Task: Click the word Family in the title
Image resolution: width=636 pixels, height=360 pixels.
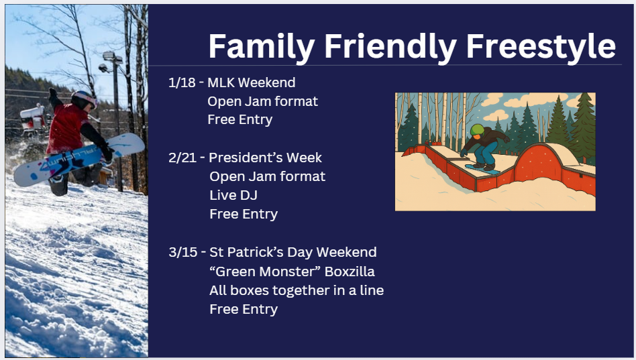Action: tap(262, 46)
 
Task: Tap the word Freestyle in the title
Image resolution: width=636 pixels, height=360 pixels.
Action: tap(541, 46)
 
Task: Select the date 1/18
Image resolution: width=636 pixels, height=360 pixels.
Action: tap(182, 82)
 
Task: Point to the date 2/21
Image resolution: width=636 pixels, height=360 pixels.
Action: tap(182, 158)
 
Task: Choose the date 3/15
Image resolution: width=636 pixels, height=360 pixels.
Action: tap(183, 252)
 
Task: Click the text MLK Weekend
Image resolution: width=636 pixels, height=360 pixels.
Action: tap(252, 82)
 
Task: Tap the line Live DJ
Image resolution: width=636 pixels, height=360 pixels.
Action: tap(233, 195)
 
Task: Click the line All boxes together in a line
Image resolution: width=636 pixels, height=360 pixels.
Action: tap(297, 290)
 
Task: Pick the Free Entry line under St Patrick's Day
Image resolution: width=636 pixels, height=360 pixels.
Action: tap(244, 309)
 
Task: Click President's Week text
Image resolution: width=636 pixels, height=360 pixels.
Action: tap(265, 158)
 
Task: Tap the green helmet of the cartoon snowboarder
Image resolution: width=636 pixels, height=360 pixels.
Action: tap(478, 130)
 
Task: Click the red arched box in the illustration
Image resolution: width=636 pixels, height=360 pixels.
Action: tap(538, 163)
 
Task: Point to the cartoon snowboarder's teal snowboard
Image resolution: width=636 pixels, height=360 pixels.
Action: tap(482, 169)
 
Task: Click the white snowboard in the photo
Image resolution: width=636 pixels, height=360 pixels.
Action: tap(79, 160)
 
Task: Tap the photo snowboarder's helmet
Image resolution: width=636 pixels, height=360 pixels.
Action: tap(84, 99)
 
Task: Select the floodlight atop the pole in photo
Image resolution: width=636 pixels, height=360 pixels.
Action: tap(112, 58)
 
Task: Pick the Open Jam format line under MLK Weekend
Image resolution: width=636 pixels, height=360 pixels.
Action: tap(262, 101)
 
